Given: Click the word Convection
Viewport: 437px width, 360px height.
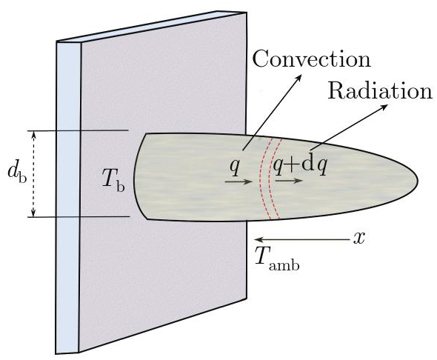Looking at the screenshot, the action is tap(312, 59).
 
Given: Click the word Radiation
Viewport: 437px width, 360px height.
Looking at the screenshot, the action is tap(380, 90).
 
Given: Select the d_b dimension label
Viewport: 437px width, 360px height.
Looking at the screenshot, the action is tap(17, 173).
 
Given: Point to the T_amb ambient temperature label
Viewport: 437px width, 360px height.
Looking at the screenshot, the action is tap(277, 256).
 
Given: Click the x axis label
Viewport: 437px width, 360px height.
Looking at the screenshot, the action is tap(359, 239).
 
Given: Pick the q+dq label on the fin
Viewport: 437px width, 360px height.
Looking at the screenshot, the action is tap(300, 167).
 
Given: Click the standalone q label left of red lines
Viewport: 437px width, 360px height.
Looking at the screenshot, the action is tap(234, 167).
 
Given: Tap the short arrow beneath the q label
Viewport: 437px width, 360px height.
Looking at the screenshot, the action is tap(238, 182).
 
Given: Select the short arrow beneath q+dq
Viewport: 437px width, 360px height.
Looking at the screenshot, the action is tap(288, 181).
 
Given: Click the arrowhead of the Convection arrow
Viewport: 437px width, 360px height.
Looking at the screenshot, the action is tap(299, 76).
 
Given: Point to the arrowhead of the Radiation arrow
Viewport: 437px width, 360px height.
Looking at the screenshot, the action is tap(384, 107).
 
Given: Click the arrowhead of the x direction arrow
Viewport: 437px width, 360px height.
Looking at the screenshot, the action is tap(258, 239).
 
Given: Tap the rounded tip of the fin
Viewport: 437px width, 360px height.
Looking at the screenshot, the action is tap(417, 181).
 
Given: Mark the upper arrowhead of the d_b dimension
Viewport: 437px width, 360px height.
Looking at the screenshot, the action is tap(34, 134).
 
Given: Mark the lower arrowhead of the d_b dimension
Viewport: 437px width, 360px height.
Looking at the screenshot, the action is tap(34, 213).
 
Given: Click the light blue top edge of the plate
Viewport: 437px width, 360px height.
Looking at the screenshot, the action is tap(150, 27).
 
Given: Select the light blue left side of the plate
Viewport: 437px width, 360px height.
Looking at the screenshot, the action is tap(68, 197).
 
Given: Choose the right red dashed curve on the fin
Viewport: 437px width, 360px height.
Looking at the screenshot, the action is tap(270, 179).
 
